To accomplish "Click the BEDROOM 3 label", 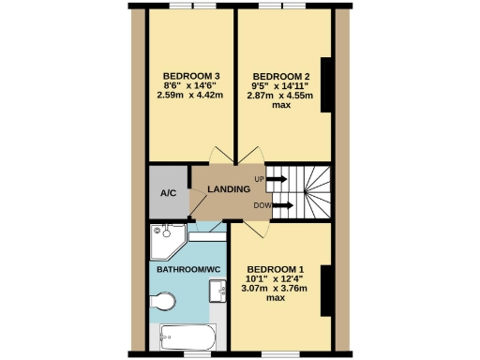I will coord(191,76).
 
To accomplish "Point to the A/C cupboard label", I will coord(169,194).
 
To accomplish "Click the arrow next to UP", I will coord(278,177).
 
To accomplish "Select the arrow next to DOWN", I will coord(283,202).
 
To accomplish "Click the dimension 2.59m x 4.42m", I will coord(191,95).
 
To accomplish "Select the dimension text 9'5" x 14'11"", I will coord(279,85).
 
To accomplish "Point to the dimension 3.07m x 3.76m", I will coord(277,288).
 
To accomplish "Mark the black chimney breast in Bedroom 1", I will coord(325,291).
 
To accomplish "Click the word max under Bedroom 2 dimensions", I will coord(279,105).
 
